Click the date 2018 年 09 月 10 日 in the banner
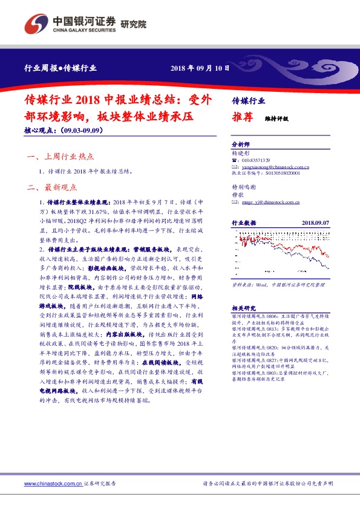click(200, 68)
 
